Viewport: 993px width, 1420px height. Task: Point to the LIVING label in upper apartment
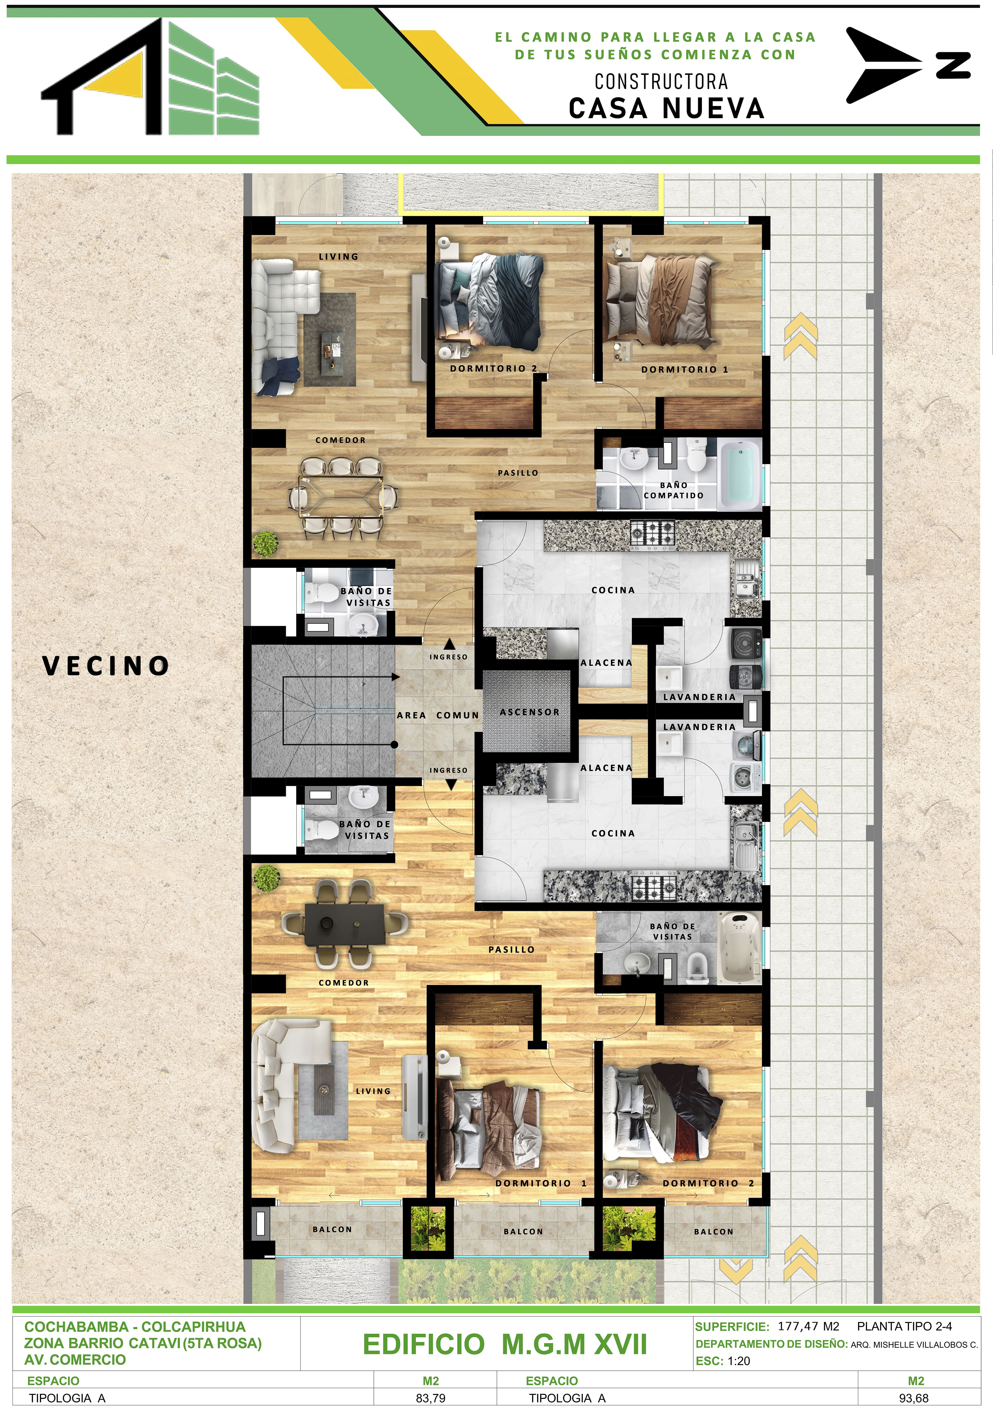click(x=338, y=257)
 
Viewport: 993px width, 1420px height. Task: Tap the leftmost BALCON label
click(x=332, y=1229)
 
